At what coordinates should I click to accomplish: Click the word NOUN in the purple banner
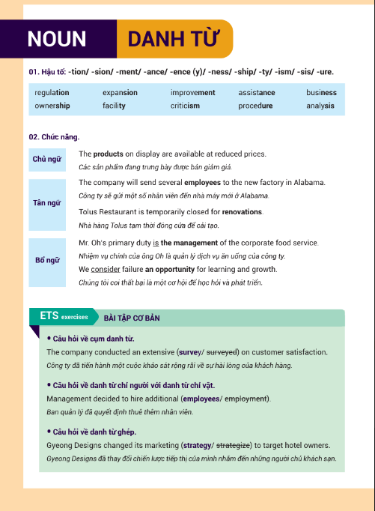coord(57,39)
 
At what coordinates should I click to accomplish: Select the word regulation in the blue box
coord(52,93)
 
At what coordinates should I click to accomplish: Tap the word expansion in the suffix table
coord(121,93)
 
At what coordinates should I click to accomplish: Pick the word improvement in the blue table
coord(192,93)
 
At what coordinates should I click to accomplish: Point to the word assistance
coord(257,93)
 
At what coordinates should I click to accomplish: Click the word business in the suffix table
coord(321,93)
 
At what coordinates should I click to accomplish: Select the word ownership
coord(52,106)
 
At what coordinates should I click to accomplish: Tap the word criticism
coord(185,106)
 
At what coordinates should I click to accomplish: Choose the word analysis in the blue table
coord(320,106)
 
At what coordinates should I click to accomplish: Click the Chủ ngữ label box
coord(47,160)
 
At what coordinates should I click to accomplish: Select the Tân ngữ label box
coord(47,203)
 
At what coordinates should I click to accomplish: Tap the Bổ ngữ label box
coord(47,260)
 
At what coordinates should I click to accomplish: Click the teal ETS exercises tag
coord(64,317)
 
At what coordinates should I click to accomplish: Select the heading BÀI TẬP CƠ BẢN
coord(132,318)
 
